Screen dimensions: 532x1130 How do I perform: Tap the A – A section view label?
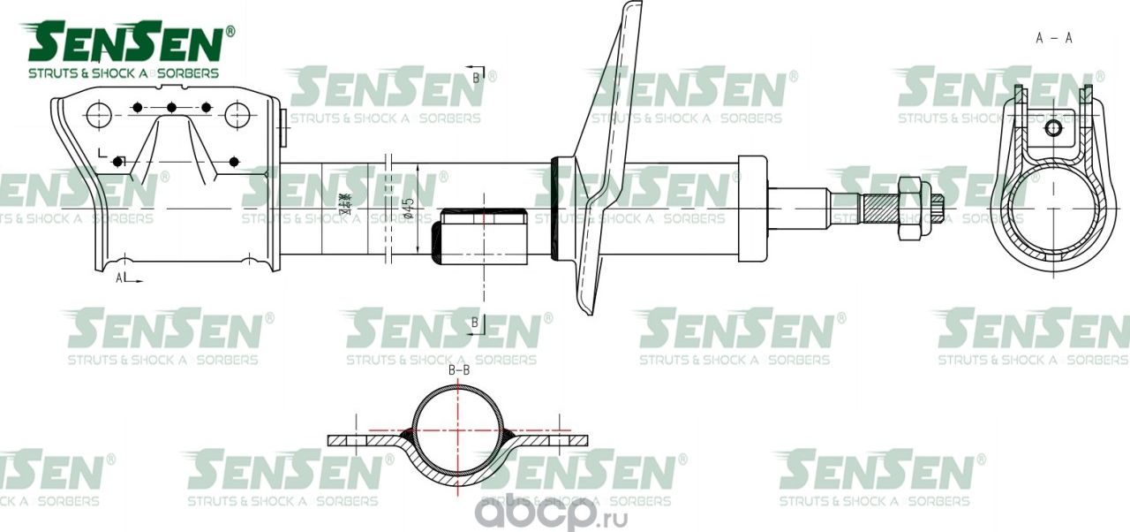1054,37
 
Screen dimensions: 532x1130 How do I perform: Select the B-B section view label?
458,372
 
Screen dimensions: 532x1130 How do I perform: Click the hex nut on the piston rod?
910,207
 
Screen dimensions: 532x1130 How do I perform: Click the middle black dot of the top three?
172,108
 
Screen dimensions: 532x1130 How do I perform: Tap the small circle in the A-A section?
1053,129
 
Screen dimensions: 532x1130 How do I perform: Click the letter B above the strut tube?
476,78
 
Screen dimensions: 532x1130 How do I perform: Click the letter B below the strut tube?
475,323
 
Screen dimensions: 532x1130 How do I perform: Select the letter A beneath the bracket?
119,277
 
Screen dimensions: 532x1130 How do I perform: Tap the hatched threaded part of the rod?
879,208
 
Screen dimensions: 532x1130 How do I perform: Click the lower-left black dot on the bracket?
117,162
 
